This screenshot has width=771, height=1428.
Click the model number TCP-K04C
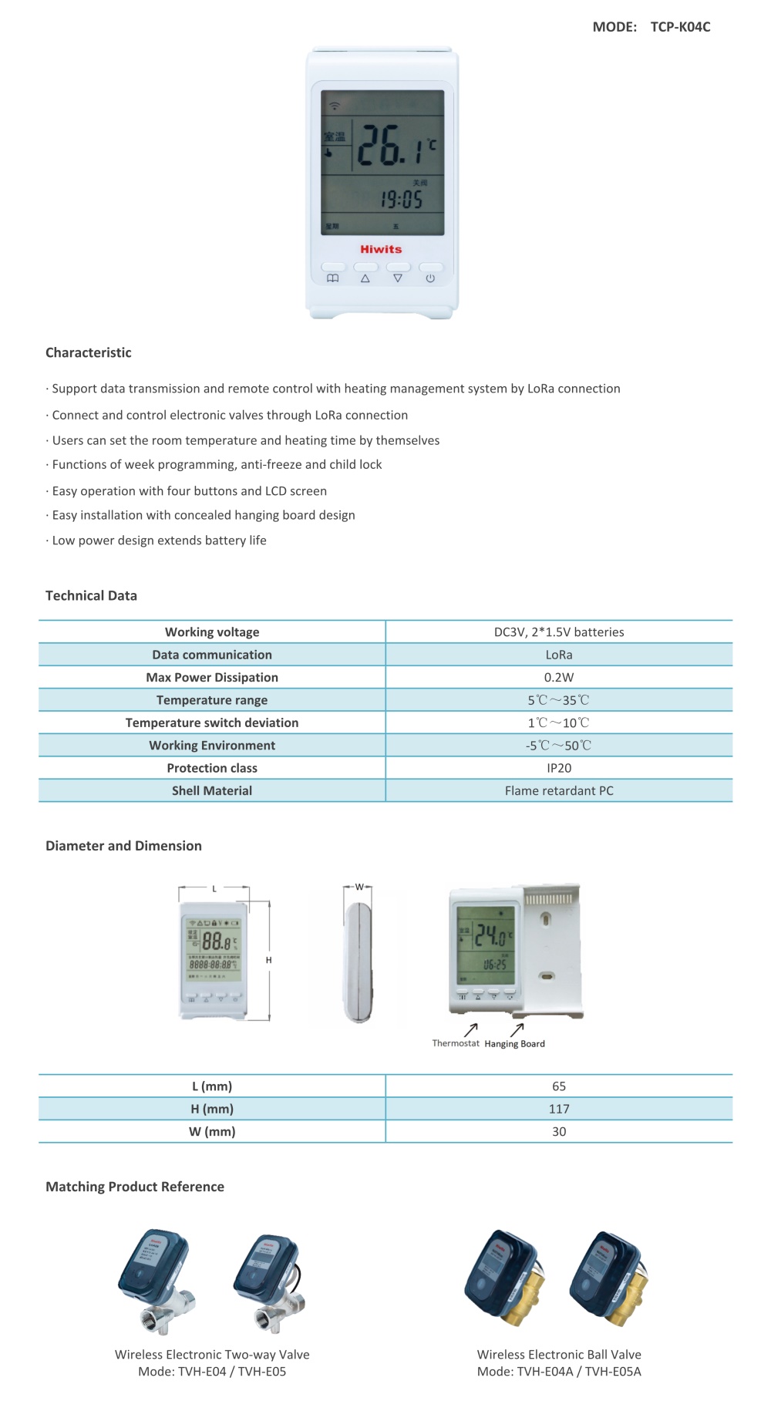coord(680,27)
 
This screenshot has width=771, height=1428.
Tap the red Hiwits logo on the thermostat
coord(381,249)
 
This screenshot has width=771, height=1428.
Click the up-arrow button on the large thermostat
coord(365,278)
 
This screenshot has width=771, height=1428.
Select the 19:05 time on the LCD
coord(401,200)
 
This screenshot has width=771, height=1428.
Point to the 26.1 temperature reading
coord(392,145)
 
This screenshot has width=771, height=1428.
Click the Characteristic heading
coord(88,352)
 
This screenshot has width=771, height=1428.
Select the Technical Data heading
coord(91,595)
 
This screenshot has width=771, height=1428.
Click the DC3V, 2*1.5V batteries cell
coord(559,631)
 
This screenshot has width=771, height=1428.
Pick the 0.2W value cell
coord(559,677)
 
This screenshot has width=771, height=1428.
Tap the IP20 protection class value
coord(559,768)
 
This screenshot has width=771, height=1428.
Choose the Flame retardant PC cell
coord(559,790)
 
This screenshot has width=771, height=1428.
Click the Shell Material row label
coord(212,790)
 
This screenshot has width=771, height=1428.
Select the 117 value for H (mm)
coord(559,1109)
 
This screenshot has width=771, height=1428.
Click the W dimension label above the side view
coord(359,887)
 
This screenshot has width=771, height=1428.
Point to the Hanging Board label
coord(514,1044)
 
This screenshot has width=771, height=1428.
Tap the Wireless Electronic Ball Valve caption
coord(559,1354)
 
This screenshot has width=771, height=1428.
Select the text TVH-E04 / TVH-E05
coord(232,1371)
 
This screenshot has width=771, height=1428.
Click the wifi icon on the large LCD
coord(335,106)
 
